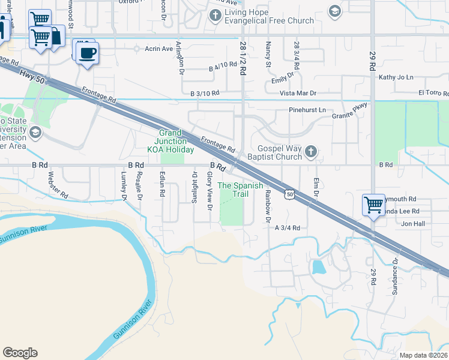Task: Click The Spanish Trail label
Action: coord(240,190)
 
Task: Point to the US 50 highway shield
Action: coord(290,194)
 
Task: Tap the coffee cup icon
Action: coord(88,52)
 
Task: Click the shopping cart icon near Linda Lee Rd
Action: coord(373,205)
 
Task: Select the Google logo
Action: coord(20,353)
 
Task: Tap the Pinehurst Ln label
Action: coord(307,110)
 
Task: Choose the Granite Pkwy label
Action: coord(349,113)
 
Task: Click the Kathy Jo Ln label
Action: coord(396,77)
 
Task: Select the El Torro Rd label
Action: coord(433,94)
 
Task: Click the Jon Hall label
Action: coord(413,223)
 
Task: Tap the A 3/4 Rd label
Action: coord(287,228)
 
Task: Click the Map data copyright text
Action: coord(423,355)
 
